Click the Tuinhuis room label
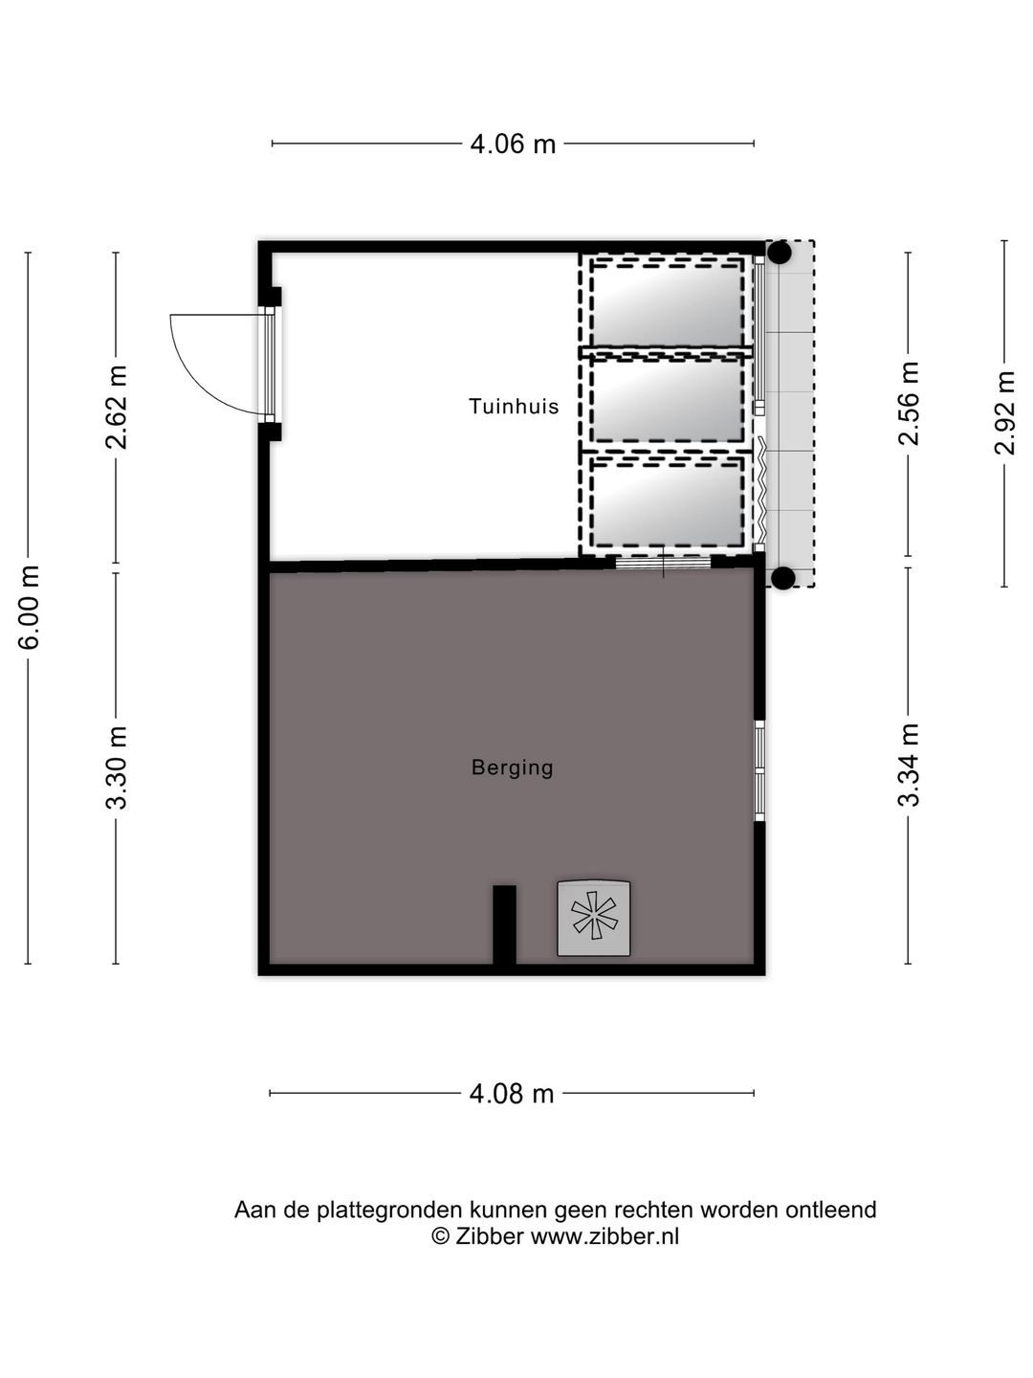pos(514,407)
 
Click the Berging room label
pos(513,767)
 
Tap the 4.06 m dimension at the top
pos(513,144)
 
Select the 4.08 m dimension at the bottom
pos(512,1093)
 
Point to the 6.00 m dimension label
pos(30,607)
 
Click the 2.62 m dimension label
pos(117,407)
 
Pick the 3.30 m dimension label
pos(117,767)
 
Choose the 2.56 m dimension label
pos(909,403)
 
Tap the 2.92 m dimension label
pos(1004,413)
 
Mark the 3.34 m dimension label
pos(909,766)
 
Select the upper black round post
pos(780,253)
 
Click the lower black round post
pos(782,577)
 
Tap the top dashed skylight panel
pos(667,301)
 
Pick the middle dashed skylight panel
pos(667,402)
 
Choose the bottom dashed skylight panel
pos(667,502)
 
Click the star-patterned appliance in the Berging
pos(594,918)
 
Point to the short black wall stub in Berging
pos(504,923)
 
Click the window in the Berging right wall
pos(759,771)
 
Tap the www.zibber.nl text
pos(604,1235)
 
